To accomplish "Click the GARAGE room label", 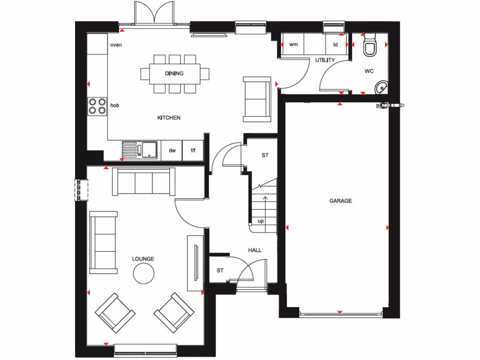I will (340, 201).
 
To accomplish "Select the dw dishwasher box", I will (172, 150).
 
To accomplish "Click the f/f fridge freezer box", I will (193, 150).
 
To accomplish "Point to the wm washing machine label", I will (294, 45).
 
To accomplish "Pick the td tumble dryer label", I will (335, 45).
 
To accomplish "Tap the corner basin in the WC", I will (382, 87).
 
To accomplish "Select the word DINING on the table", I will (174, 74).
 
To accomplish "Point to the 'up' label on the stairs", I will (261, 221).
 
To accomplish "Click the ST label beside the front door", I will (220, 271).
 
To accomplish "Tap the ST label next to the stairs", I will (265, 155).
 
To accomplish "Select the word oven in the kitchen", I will (116, 45).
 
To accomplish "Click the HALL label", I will (255, 250).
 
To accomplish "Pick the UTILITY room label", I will (325, 60).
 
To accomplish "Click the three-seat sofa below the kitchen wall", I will (144, 182).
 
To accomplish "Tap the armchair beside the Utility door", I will (257, 99).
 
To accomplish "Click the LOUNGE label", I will (143, 259).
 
